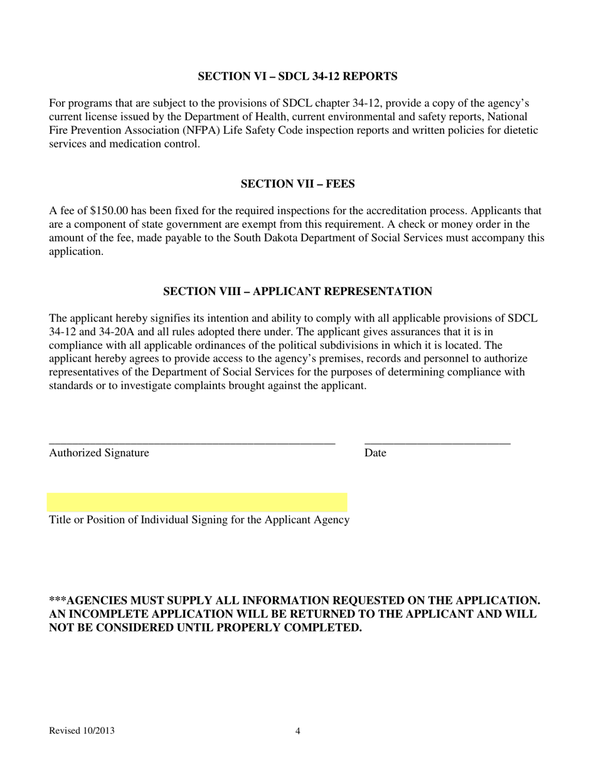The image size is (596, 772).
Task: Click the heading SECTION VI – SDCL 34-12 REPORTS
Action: pos(297,77)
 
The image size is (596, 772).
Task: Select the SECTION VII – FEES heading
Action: pos(297,184)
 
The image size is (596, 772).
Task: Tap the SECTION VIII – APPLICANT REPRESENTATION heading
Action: pos(297,292)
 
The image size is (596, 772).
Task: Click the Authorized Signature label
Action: pos(99,453)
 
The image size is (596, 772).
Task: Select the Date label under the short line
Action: pos(375,453)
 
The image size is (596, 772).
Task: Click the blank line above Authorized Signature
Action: pos(192,443)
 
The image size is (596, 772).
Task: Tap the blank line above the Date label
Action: pos(437,443)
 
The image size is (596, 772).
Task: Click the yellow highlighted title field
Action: pos(197,502)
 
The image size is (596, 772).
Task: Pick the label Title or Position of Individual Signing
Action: pos(199,520)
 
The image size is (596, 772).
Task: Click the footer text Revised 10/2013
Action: pos(82,731)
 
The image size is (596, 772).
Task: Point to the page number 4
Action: pos(297,731)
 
